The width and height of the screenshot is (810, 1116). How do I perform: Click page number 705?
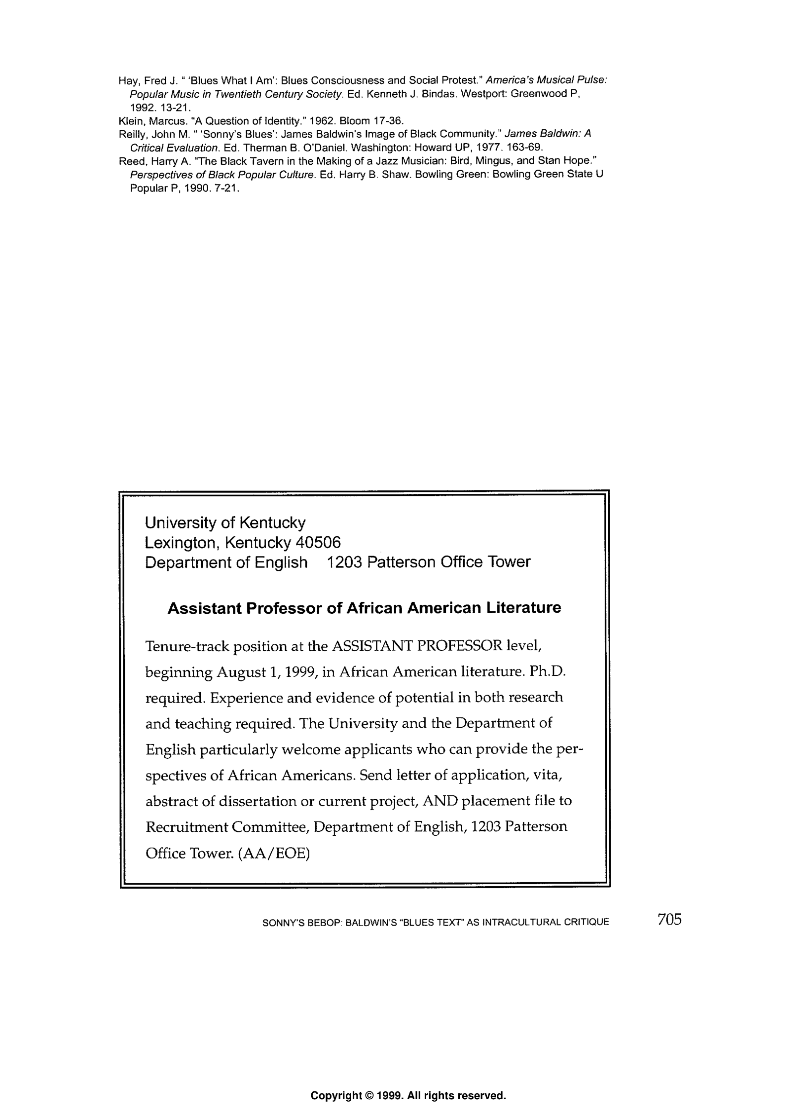669,919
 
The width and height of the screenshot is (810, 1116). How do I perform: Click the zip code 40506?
318,543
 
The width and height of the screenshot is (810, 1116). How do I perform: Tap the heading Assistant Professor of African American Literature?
364,607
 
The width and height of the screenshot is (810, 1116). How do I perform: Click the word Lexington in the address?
182,543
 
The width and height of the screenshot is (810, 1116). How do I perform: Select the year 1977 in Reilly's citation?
500,148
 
